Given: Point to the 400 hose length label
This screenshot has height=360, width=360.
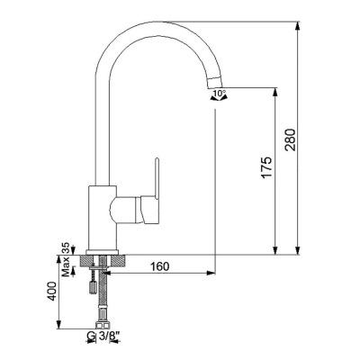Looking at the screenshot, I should pos(53,290).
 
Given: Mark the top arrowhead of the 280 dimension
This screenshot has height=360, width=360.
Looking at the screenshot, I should pos(297,26).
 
